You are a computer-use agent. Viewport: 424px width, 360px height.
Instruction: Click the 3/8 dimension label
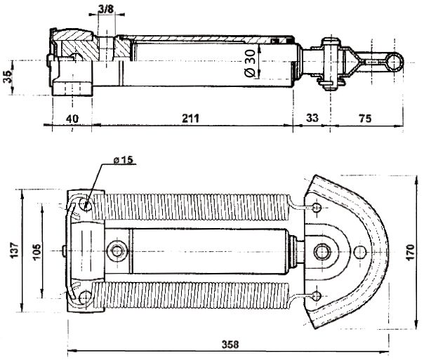coord(106,9)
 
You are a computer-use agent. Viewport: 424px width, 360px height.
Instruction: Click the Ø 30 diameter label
coord(250,63)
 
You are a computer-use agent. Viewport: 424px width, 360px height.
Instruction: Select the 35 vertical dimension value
coord(8,76)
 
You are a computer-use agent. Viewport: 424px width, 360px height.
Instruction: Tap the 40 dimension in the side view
coord(72,119)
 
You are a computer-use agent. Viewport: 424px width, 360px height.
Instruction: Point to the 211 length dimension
coord(191,119)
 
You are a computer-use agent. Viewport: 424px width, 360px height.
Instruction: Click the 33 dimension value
coord(312,118)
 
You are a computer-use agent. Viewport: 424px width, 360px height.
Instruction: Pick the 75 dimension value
coord(365,119)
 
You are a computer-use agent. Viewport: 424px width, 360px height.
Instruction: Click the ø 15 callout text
coord(124,160)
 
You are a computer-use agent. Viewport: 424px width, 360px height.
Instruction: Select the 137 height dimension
coord(15,251)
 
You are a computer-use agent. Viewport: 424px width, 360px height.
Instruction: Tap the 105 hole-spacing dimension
coord(37,252)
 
